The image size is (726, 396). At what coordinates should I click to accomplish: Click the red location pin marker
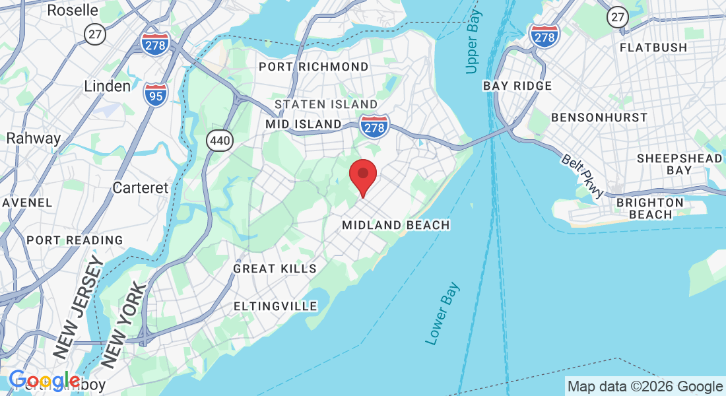(x=362, y=176)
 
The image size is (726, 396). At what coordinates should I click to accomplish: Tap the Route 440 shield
(x=218, y=139)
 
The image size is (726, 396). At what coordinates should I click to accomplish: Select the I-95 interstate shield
(x=155, y=94)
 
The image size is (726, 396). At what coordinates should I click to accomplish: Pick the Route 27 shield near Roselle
(x=95, y=34)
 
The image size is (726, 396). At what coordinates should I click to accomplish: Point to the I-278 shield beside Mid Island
(x=374, y=125)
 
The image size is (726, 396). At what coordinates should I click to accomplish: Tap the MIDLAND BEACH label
(x=396, y=225)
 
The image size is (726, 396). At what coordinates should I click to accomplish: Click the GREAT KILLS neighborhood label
(x=275, y=269)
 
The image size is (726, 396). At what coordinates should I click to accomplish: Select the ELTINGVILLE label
(x=275, y=306)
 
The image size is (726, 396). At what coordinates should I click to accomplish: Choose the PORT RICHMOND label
(x=313, y=67)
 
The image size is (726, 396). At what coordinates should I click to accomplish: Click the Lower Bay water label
(x=442, y=313)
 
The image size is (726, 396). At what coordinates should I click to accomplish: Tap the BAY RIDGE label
(x=517, y=86)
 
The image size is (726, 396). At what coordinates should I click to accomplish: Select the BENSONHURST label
(x=599, y=117)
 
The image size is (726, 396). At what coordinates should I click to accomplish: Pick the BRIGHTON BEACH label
(x=650, y=208)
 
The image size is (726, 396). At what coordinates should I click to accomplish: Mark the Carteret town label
(x=141, y=187)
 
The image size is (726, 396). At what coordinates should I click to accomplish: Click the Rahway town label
(x=33, y=139)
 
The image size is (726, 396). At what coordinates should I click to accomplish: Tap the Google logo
(x=45, y=381)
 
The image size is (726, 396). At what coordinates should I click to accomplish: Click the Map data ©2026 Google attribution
(x=645, y=386)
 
